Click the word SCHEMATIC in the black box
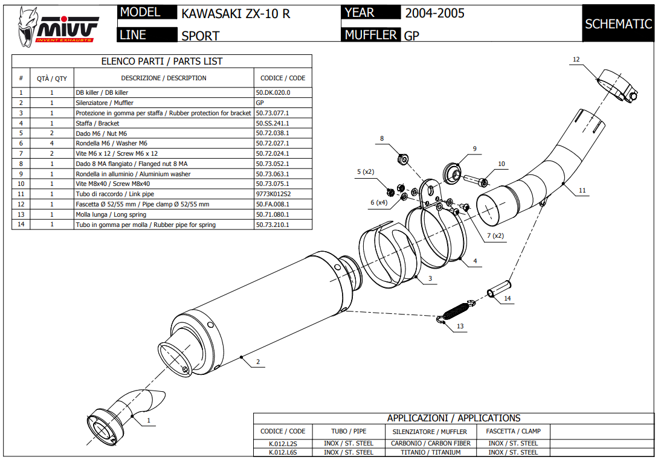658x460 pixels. point(618,24)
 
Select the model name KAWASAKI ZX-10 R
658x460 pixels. point(236,13)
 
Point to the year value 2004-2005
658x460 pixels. point(434,13)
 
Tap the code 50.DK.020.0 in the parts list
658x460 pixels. point(273,93)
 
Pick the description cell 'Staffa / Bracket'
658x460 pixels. point(97,123)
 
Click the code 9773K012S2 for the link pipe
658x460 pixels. point(273,194)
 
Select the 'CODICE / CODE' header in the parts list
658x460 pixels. point(282,78)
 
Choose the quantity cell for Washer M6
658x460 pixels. point(51,144)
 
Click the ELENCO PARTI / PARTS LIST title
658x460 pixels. point(161,61)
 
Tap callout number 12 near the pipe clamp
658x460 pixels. point(576,59)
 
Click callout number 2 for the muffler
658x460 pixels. point(258,362)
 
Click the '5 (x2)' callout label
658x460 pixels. point(366,172)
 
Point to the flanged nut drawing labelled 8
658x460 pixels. point(402,159)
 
